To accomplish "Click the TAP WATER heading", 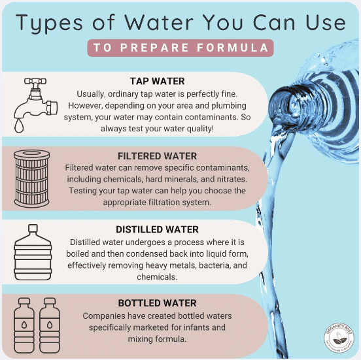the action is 157,81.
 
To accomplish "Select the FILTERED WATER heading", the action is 157,156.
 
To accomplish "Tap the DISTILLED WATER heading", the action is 157,229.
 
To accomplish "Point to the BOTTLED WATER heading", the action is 157,303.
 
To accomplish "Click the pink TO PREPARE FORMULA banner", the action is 180,48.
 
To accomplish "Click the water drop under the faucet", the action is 19,126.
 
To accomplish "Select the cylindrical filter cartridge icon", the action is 32,178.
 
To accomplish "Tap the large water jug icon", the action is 33,252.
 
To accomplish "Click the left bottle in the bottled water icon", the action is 24,325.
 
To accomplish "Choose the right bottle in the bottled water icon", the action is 50,325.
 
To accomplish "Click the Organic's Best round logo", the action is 339,337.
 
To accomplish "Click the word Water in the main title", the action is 159,22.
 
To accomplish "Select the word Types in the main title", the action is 49,24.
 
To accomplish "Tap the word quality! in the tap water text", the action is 200,129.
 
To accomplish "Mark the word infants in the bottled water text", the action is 199,327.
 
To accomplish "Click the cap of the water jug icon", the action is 33,228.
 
